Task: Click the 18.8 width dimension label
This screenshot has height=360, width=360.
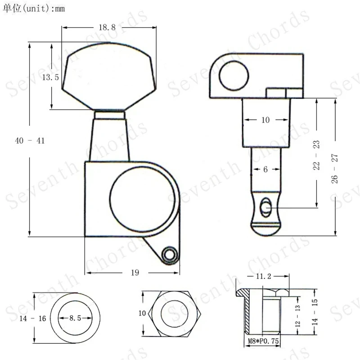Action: click(107, 27)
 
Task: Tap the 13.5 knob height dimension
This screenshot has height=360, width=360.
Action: click(50, 77)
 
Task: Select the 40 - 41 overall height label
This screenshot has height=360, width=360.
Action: click(30, 140)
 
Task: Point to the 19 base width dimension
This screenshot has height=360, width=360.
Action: click(135, 273)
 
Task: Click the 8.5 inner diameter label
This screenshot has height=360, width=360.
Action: click(75, 318)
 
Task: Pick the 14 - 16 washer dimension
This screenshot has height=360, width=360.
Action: click(32, 319)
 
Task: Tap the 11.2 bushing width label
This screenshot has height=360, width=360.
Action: click(264, 276)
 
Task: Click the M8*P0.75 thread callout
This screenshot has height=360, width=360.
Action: click(263, 341)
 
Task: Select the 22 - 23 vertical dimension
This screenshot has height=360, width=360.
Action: click(316, 155)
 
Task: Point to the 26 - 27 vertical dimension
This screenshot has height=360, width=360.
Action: click(334, 169)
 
